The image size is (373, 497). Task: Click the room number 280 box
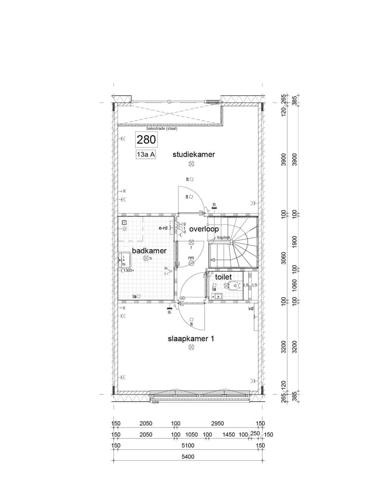[146, 139]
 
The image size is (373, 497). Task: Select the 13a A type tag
[146, 154]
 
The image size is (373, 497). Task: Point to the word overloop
[204, 229]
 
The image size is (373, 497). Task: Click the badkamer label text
[149, 251]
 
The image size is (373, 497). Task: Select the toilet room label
[223, 277]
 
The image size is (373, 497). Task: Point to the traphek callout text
[224, 238]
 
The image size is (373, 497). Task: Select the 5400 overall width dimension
[188, 457]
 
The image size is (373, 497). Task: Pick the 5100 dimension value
[188, 445]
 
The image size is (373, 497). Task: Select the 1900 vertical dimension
[294, 241]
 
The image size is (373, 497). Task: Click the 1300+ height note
[128, 270]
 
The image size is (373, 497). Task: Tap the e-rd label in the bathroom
[163, 228]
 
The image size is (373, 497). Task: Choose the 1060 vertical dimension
[294, 285]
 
